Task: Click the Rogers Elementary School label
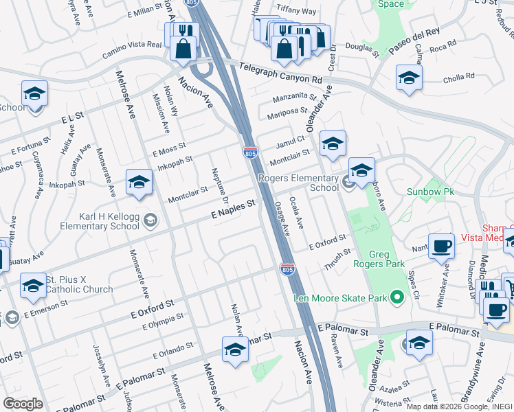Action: tap(298, 183)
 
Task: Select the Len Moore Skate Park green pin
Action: tap(396, 297)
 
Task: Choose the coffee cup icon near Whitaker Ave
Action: tap(441, 246)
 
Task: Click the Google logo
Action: tap(23, 404)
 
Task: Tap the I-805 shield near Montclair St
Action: tap(250, 152)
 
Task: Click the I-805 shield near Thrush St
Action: tap(288, 269)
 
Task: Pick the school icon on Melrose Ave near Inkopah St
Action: tap(138, 183)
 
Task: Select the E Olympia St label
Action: tap(163, 321)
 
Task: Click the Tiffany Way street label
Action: tap(296, 11)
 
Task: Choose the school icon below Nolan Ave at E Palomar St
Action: tap(234, 350)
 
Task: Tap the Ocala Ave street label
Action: tap(298, 212)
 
